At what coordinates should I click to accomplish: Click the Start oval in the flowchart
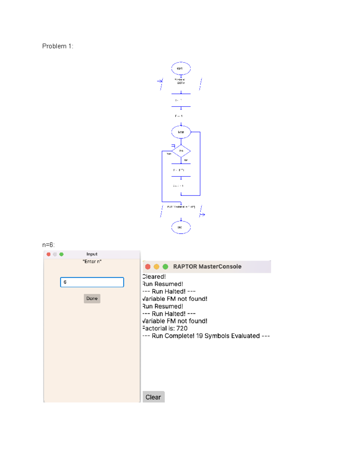(181, 68)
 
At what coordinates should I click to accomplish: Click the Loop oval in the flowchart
(181, 132)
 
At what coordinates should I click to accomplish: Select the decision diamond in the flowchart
(181, 151)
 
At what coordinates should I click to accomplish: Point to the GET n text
(181, 83)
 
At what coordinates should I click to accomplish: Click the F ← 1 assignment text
(179, 116)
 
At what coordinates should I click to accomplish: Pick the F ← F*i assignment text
(179, 170)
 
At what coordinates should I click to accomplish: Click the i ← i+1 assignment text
(178, 186)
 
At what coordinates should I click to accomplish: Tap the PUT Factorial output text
(181, 207)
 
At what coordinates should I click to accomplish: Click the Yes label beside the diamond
(169, 154)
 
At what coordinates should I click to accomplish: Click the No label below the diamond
(186, 160)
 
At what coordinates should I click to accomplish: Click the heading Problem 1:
(58, 46)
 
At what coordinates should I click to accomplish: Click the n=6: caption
(48, 245)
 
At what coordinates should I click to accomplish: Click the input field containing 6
(92, 282)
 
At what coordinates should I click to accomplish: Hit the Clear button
(153, 397)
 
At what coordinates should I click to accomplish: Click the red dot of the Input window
(49, 254)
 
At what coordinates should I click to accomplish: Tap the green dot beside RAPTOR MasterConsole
(165, 266)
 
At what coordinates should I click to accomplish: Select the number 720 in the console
(182, 328)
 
